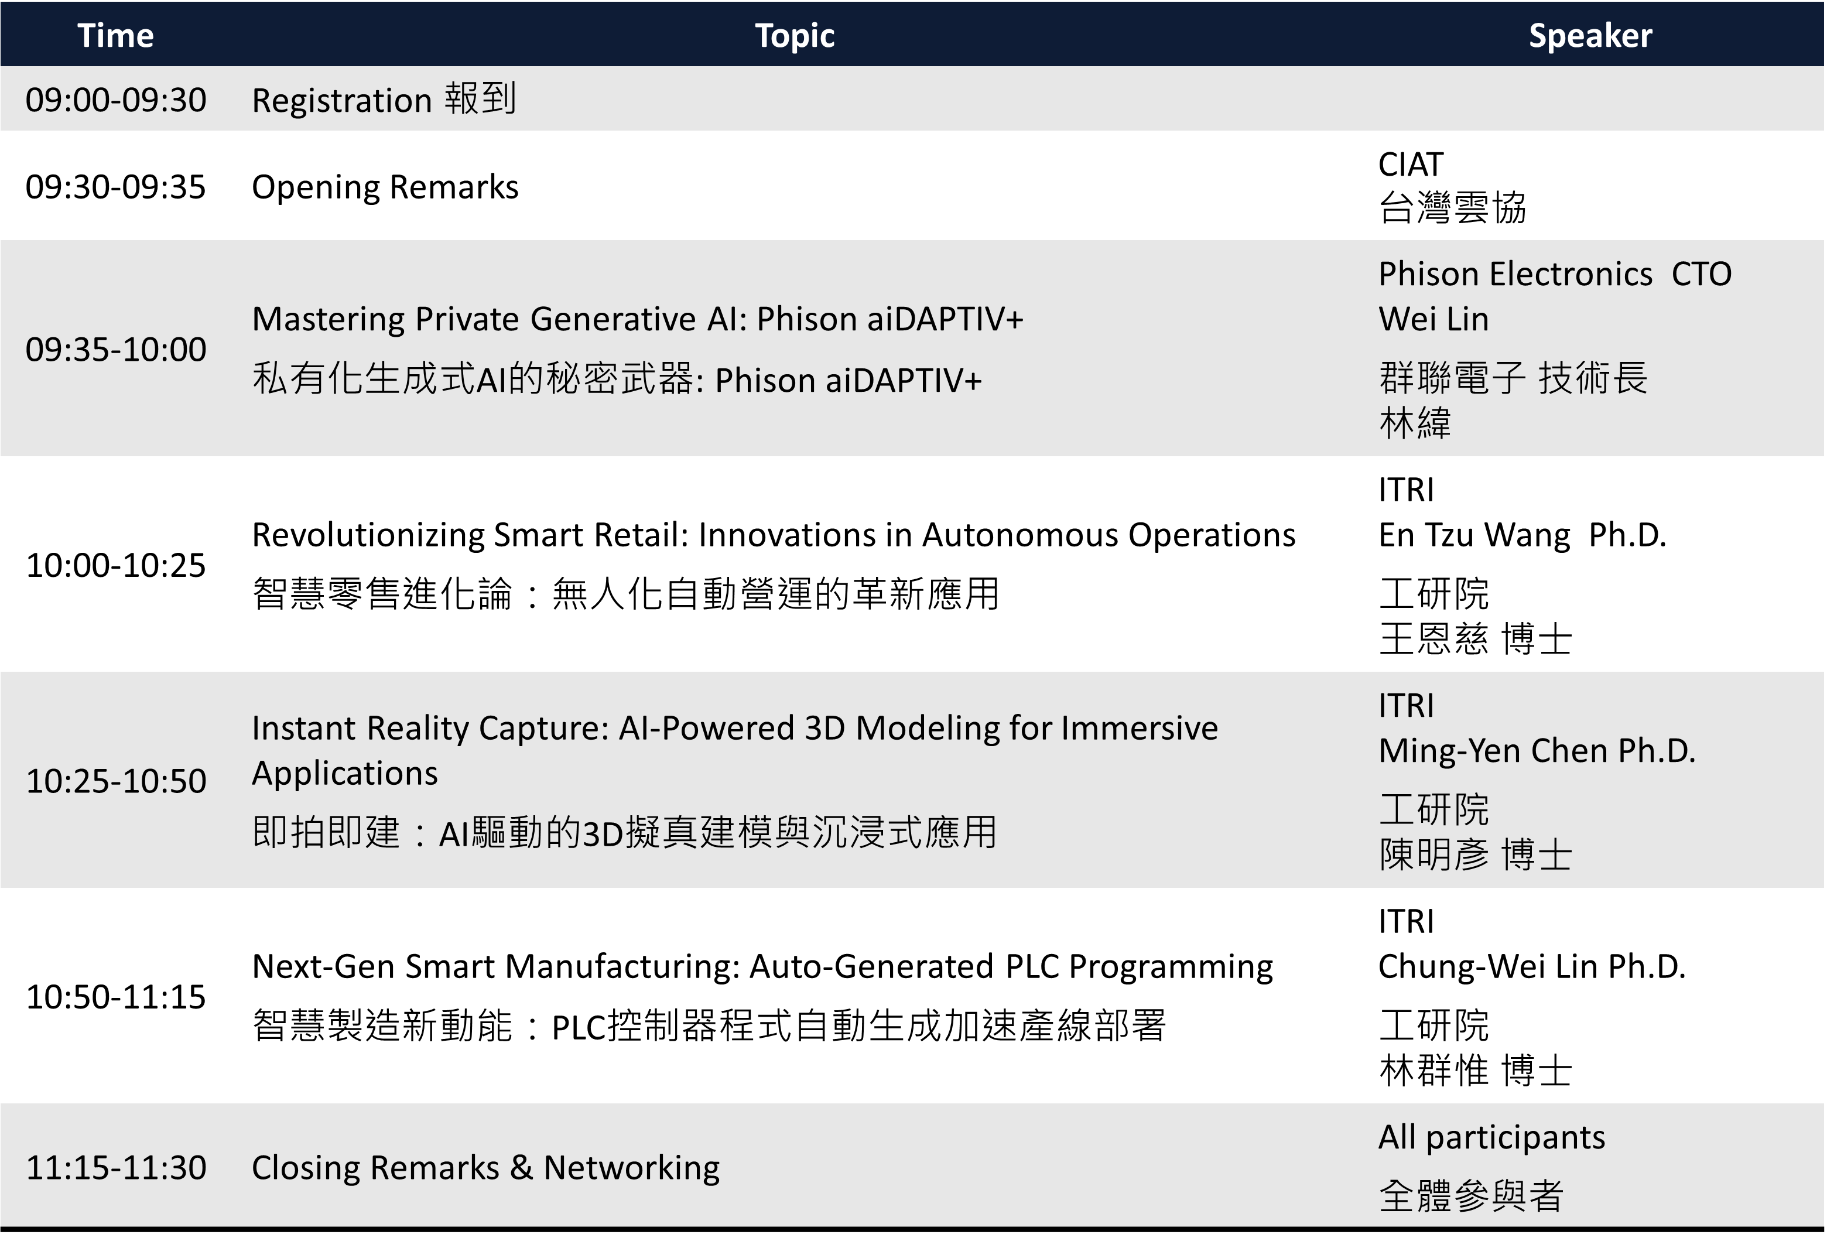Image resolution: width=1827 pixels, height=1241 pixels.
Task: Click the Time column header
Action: pyautogui.click(x=115, y=35)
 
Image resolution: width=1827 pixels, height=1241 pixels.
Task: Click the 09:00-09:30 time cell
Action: pyautogui.click(x=115, y=100)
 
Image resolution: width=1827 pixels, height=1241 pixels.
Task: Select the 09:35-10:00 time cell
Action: pyautogui.click(x=115, y=349)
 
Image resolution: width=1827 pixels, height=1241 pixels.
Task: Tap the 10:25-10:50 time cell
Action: pyautogui.click(x=115, y=781)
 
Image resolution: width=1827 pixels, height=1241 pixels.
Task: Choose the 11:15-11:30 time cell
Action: pyautogui.click(x=115, y=1168)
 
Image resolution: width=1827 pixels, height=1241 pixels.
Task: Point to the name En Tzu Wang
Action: pyautogui.click(x=1474, y=535)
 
